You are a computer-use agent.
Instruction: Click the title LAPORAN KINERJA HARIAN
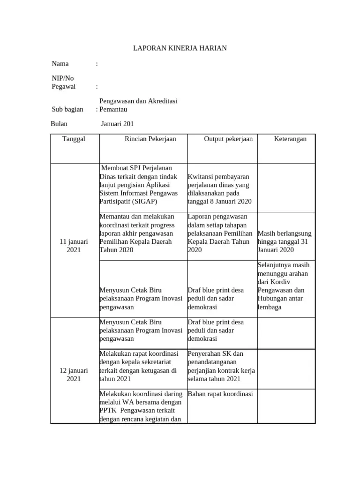pos(180,49)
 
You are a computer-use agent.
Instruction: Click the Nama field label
pos(60,64)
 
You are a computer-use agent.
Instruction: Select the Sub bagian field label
pos(67,109)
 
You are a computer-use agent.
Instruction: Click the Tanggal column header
pos(74,139)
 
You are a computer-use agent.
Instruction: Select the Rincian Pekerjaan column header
pos(143,139)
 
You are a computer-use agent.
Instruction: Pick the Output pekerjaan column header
pos(228,139)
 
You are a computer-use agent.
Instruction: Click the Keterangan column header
pos(290,139)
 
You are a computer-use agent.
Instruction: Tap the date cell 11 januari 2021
pos(74,246)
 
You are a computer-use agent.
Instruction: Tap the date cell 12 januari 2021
pos(74,375)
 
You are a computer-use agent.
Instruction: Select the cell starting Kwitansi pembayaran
pos(219,189)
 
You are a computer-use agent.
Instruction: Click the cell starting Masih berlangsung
pos(285,241)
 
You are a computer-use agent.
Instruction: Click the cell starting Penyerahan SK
pos(221,366)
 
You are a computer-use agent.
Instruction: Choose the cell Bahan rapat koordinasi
pos(220,394)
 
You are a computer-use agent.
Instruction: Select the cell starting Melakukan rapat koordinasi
pos(138,366)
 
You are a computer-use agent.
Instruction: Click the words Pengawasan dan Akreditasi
pos(138,101)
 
